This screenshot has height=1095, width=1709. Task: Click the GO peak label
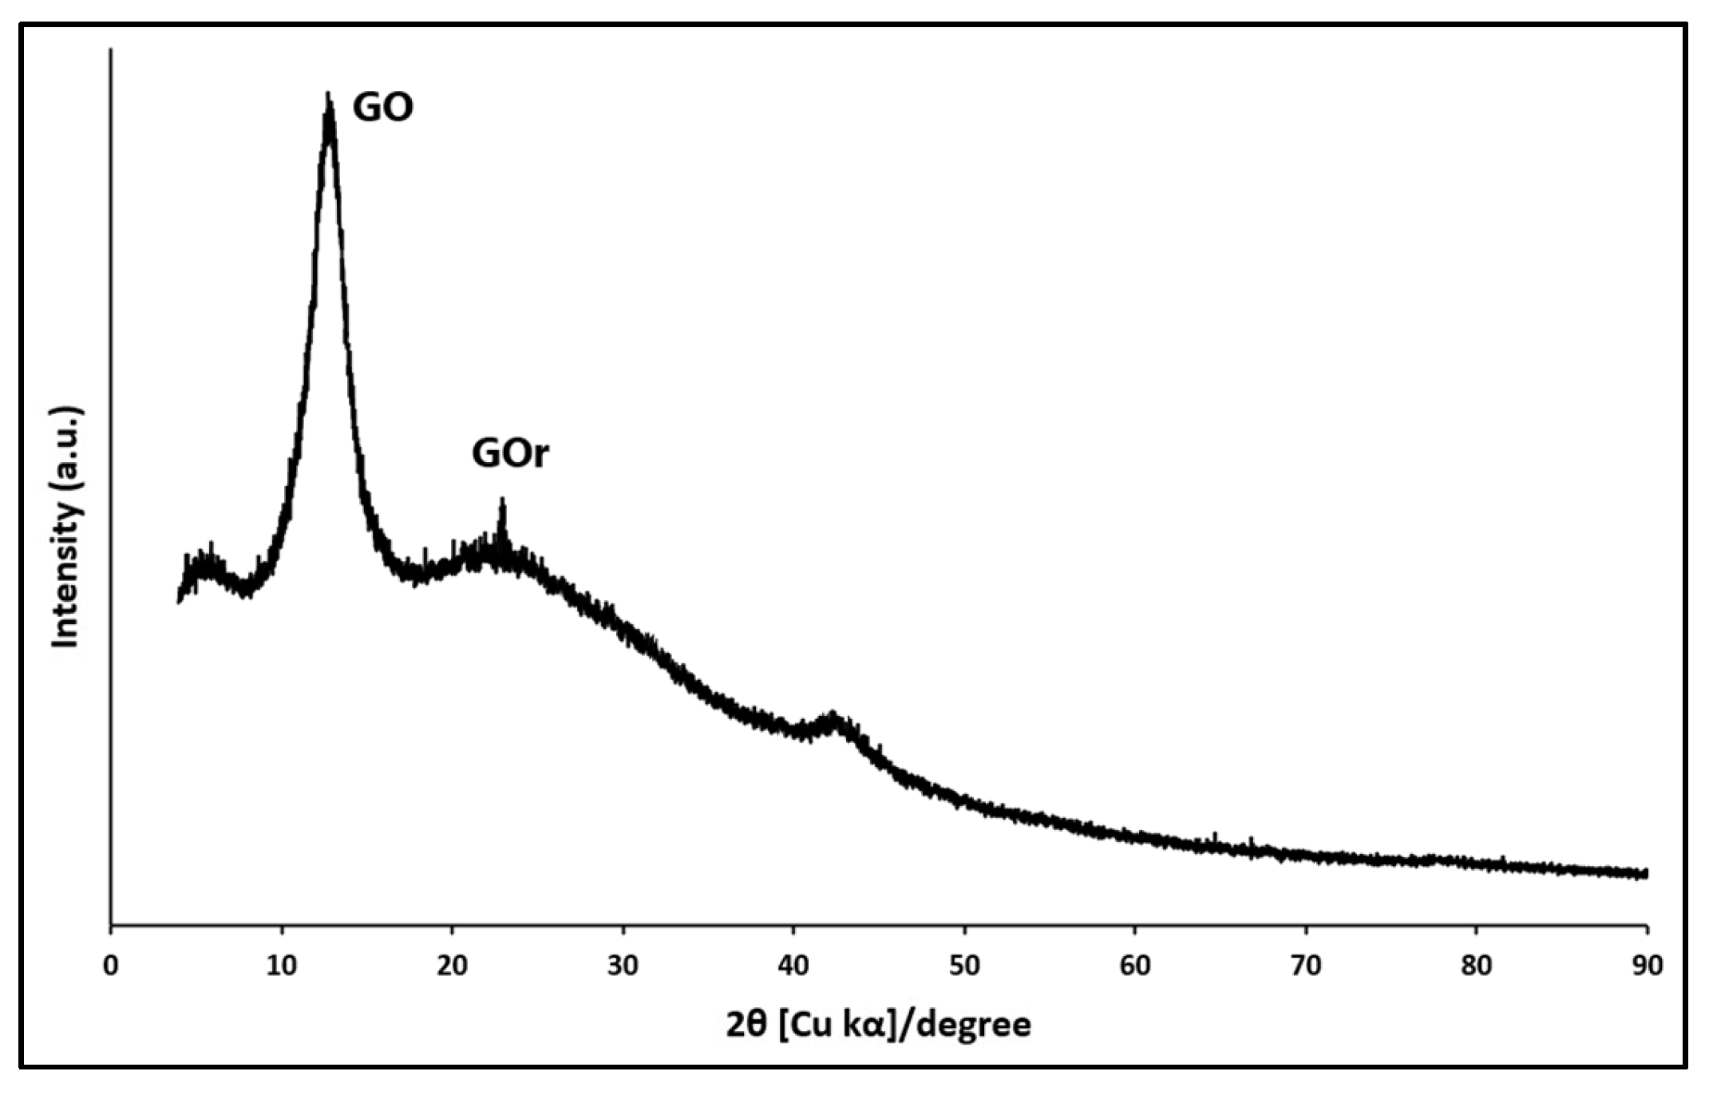tap(383, 107)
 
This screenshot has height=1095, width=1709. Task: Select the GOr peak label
tap(510, 453)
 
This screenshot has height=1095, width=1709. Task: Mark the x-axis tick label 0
tap(111, 966)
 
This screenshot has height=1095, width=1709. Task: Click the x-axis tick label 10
tap(281, 966)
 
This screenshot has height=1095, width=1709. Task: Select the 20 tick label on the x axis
tap(452, 966)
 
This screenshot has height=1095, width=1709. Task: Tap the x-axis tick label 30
tap(623, 966)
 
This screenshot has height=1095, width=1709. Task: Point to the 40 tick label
tap(793, 966)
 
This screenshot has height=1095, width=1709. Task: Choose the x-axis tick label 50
tap(964, 966)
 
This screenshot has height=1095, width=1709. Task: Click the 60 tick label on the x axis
tap(1135, 966)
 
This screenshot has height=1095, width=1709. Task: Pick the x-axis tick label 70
tap(1306, 966)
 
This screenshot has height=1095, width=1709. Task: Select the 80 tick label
tap(1476, 966)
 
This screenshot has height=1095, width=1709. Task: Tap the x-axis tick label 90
tap(1646, 966)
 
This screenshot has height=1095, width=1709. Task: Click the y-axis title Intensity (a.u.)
tap(67, 528)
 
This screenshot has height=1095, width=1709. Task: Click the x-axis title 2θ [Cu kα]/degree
tap(878, 1025)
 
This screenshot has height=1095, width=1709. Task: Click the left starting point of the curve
tap(178, 599)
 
